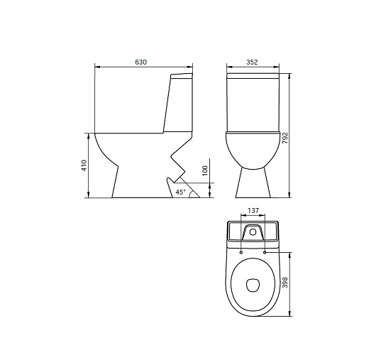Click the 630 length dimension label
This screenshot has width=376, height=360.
click(x=140, y=62)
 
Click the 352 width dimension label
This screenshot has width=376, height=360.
click(x=252, y=62)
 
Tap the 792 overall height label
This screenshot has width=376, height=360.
click(x=285, y=138)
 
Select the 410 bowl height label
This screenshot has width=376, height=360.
click(x=84, y=165)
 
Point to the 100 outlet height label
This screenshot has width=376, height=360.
click(x=205, y=170)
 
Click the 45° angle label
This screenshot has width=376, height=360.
click(x=181, y=192)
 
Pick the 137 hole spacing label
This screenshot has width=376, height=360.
click(x=253, y=210)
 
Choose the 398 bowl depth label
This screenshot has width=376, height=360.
click(x=285, y=283)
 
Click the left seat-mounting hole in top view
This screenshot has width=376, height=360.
click(x=241, y=253)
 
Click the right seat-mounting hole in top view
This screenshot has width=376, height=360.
click(x=265, y=253)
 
